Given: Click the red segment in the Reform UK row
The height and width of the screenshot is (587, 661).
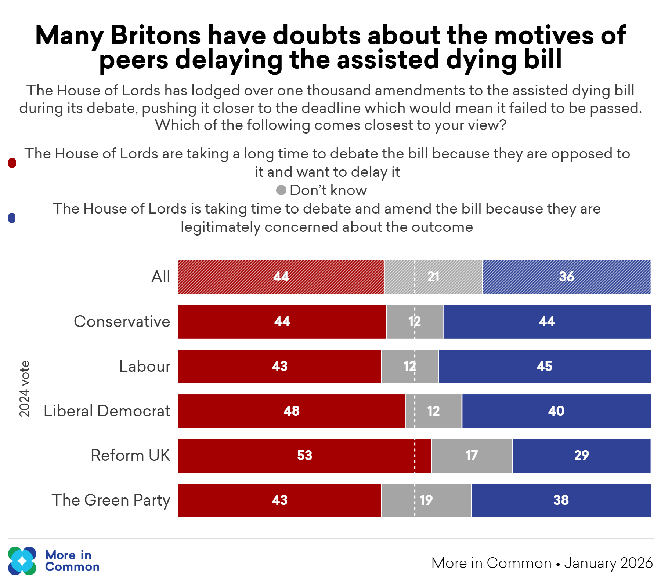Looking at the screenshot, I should tap(304, 456).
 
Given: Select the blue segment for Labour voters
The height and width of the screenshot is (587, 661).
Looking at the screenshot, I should tap(545, 367).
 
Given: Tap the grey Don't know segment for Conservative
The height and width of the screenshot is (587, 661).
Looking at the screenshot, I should tap(415, 322).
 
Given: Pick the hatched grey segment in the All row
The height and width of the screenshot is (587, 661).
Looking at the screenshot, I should tap(433, 277).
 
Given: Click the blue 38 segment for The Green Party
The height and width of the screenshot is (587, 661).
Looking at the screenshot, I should tap(561, 500).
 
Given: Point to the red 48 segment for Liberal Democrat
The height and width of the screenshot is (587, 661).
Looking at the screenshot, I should tap(292, 411).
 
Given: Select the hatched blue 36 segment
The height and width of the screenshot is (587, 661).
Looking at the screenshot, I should tap(567, 277).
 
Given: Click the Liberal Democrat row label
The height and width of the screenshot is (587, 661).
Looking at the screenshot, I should tap(107, 411).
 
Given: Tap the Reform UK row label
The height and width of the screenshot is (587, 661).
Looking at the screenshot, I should tap(130, 455).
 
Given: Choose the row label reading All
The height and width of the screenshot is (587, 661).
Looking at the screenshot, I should tap(161, 277).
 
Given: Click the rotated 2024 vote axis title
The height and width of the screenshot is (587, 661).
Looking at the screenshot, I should tap(24, 389).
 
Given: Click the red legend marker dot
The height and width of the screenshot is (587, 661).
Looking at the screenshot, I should tap(12, 163).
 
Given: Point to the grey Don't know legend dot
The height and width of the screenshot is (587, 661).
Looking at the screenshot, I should tap(281, 190).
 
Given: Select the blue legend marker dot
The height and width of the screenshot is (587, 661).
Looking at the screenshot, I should tap(12, 218).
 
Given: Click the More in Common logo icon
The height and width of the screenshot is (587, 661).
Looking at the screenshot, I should tap(22, 561).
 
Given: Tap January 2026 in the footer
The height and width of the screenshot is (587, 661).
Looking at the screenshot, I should tap(608, 563).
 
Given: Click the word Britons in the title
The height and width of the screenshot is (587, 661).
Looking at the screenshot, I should tap(156, 36).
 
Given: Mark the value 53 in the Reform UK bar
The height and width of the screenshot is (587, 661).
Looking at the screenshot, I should tap(304, 456).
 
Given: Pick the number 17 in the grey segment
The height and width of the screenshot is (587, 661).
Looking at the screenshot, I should tap(472, 456).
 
